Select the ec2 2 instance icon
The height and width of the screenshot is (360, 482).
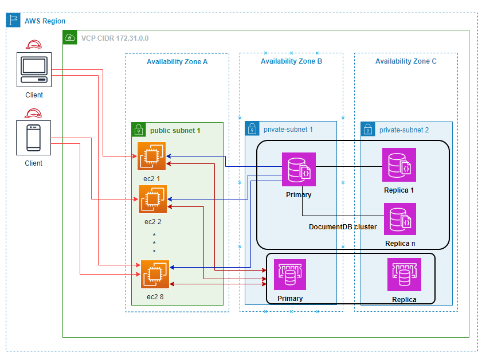coord(152,199)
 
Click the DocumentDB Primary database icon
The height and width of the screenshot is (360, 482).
coord(299,170)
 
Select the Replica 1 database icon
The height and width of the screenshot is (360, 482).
coord(399,165)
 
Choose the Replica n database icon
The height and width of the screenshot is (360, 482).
coord(399,219)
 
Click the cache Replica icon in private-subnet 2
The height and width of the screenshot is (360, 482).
coord(404,275)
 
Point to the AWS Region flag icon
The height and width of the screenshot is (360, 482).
coord(13,21)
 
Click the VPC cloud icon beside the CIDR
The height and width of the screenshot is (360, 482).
coord(70,38)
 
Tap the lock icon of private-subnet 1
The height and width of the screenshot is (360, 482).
coord(252,129)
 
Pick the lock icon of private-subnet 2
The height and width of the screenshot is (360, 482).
coord(367,130)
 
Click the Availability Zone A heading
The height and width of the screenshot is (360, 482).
coord(177,61)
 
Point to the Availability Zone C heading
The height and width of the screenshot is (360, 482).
coord(406,61)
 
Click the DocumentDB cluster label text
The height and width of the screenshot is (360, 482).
coord(343,227)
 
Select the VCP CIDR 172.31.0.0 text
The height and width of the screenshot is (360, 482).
coord(115,38)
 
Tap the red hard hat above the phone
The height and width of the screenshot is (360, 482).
coord(34,113)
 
